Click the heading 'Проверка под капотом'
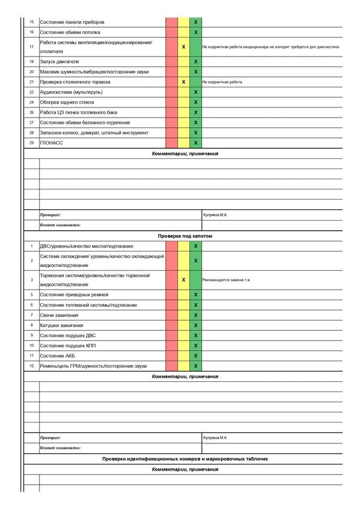click(x=185, y=235)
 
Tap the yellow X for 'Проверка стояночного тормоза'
click(x=184, y=82)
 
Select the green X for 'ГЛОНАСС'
click(x=196, y=143)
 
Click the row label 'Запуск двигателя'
click(x=59, y=61)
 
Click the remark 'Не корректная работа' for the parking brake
click(x=222, y=82)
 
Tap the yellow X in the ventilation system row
click(x=184, y=47)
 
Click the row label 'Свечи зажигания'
click(x=59, y=315)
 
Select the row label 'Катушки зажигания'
click(x=62, y=325)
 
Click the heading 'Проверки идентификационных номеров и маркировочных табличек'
click(x=185, y=459)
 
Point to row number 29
click(x=32, y=143)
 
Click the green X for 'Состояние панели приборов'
click(x=196, y=22)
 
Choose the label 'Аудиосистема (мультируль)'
click(x=71, y=92)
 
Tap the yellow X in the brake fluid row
click(x=184, y=280)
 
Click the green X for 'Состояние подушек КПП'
click(x=196, y=346)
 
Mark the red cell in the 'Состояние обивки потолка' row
click(x=172, y=32)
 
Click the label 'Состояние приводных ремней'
click(x=74, y=295)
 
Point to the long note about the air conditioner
click(x=270, y=47)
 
